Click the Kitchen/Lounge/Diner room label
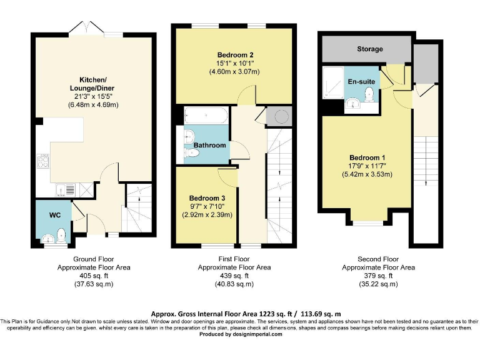tap(93, 84)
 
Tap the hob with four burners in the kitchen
tap(43, 161)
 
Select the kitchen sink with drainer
tap(66, 190)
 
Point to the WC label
tap(55, 215)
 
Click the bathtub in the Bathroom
tap(206, 115)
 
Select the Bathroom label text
tap(210, 145)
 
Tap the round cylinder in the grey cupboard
tap(281, 116)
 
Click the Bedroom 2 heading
tap(235, 55)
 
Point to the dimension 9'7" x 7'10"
tap(207, 206)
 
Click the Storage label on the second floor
tap(370, 49)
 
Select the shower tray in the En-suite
tap(333, 82)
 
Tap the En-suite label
tap(361, 82)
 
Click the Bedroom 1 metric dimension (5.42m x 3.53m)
tap(367, 174)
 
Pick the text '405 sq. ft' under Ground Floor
tap(94, 276)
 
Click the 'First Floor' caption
tap(234, 259)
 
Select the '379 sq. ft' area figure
tap(378, 276)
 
